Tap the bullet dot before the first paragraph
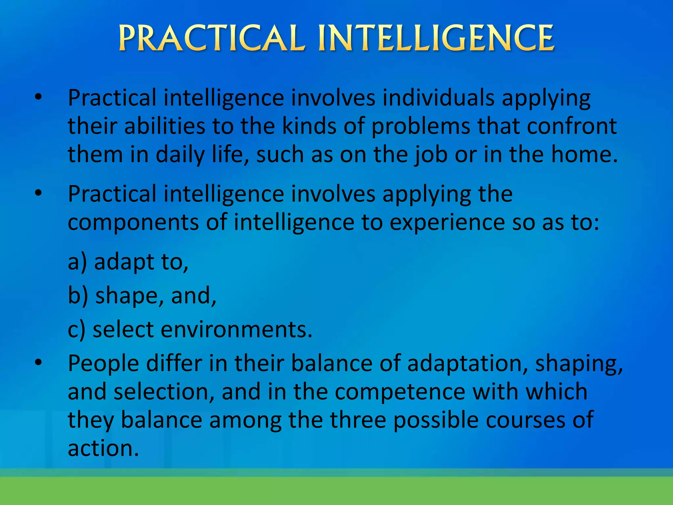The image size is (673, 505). coord(38,97)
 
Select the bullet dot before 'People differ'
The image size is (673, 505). coord(38,363)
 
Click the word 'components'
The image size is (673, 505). coord(133,223)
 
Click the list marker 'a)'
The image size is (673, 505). coord(78,262)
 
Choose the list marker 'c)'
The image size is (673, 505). coord(77,329)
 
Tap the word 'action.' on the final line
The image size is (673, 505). coord(104,448)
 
